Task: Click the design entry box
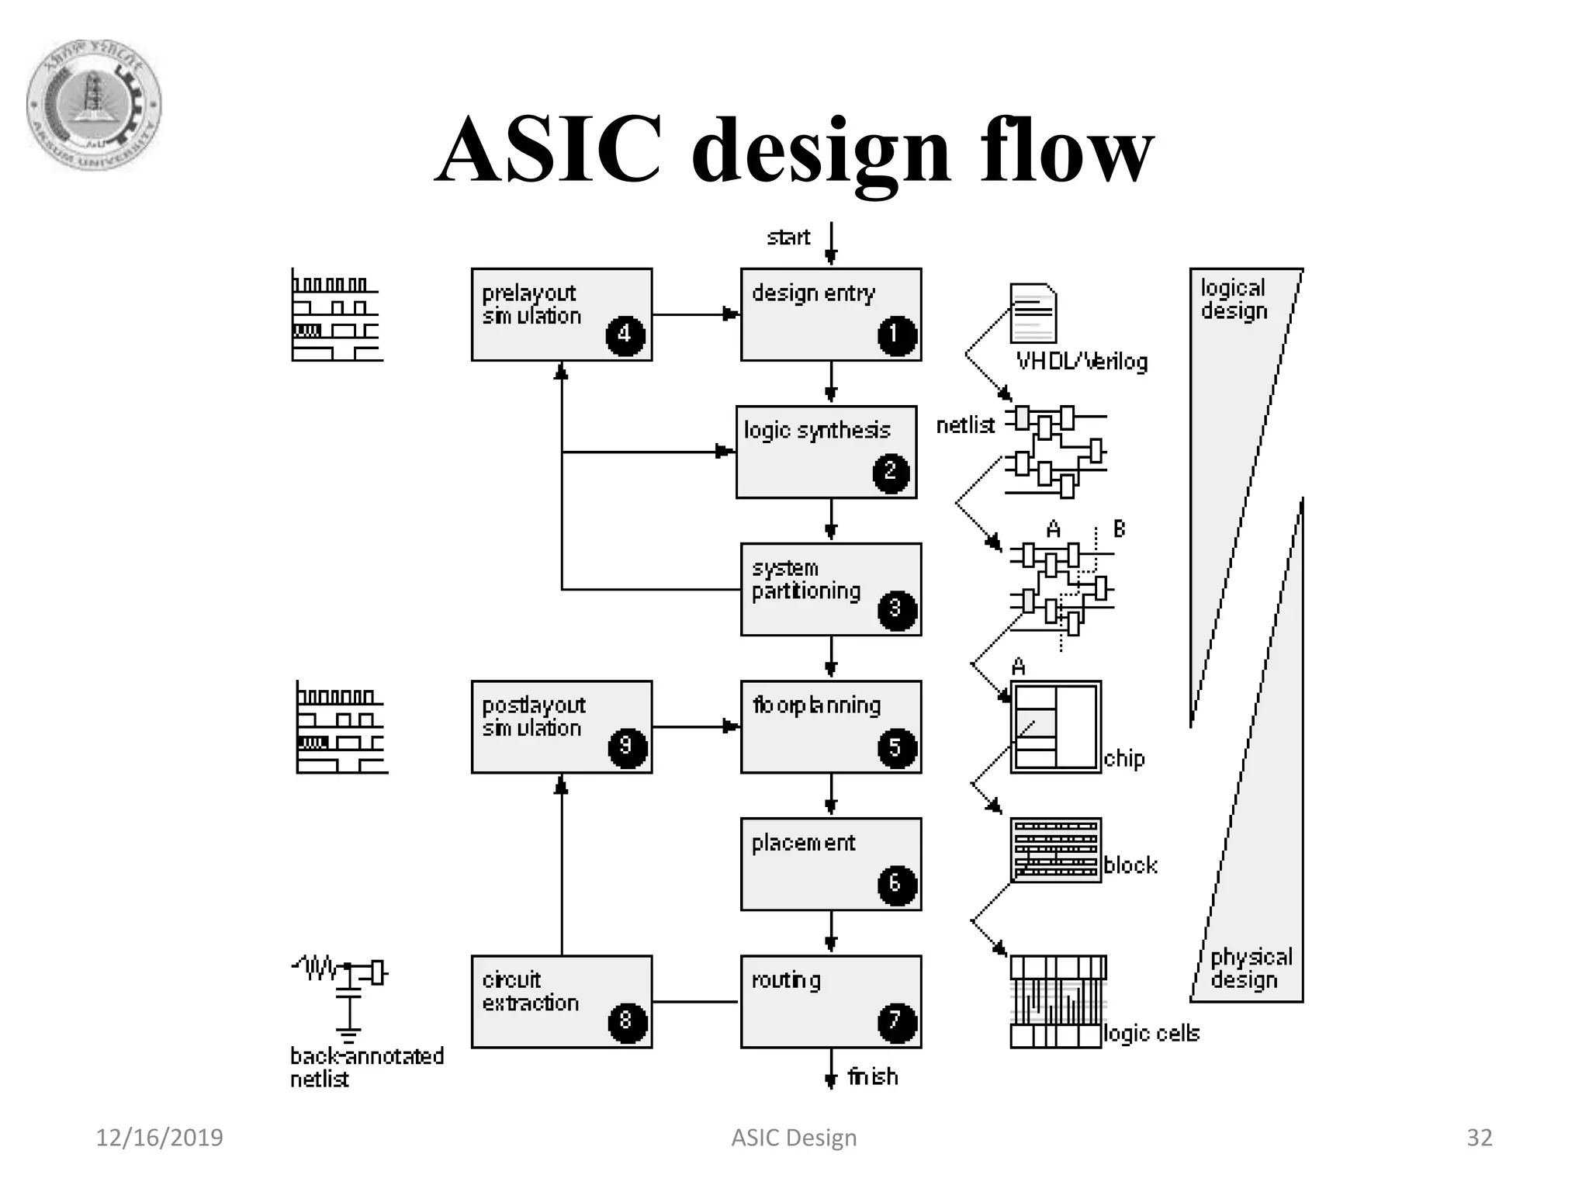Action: click(x=830, y=314)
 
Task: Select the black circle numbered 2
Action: click(x=891, y=472)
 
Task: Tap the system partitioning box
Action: click(x=830, y=589)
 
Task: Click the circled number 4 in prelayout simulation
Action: click(x=625, y=335)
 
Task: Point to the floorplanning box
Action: click(x=830, y=726)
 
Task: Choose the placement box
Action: click(x=830, y=864)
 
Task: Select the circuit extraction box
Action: click(x=561, y=1001)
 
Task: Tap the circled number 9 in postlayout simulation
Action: click(x=627, y=747)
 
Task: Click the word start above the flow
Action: click(x=788, y=237)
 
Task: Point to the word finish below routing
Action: click(x=873, y=1077)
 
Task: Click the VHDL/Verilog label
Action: click(x=1082, y=362)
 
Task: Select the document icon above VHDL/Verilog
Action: click(x=1033, y=313)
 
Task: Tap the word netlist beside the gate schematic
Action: click(x=965, y=425)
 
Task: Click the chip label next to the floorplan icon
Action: click(x=1123, y=758)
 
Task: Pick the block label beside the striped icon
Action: click(x=1130, y=865)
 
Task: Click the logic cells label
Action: click(x=1151, y=1034)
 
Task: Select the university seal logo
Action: click(x=94, y=105)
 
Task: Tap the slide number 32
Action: click(x=1479, y=1138)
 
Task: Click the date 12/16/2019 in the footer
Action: click(x=159, y=1138)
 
